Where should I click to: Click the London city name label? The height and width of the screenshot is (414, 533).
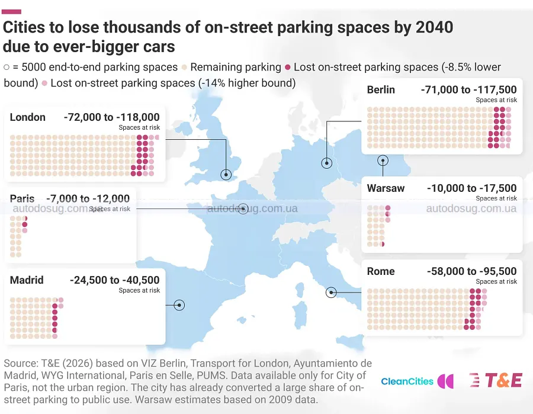point(27,117)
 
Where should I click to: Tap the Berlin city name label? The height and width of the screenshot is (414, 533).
point(381,90)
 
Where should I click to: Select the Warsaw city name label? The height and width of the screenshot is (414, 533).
point(386,188)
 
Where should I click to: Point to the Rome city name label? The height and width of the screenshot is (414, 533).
point(381,271)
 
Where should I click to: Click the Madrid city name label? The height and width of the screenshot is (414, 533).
point(27,280)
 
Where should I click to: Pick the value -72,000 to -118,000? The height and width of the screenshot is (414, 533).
point(112,117)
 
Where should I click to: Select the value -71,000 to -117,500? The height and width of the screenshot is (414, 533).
point(469,90)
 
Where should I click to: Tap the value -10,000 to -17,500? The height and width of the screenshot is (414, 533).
point(472,188)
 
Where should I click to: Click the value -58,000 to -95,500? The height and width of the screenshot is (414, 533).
point(472,271)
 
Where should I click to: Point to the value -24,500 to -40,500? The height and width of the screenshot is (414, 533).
point(115,280)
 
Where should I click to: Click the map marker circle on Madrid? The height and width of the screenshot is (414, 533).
point(179,305)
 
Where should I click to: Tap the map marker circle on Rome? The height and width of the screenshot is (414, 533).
point(331,292)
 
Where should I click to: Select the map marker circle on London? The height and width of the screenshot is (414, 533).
point(226,175)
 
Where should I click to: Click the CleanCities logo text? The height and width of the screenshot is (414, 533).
point(407,381)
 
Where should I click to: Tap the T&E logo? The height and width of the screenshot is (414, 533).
point(496,380)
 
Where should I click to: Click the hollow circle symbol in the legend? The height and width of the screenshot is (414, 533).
point(7,68)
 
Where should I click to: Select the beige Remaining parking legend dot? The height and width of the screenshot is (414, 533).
point(185,68)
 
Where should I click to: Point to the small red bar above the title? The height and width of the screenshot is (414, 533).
point(12,12)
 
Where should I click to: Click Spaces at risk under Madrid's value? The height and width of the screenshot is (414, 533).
point(139,290)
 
